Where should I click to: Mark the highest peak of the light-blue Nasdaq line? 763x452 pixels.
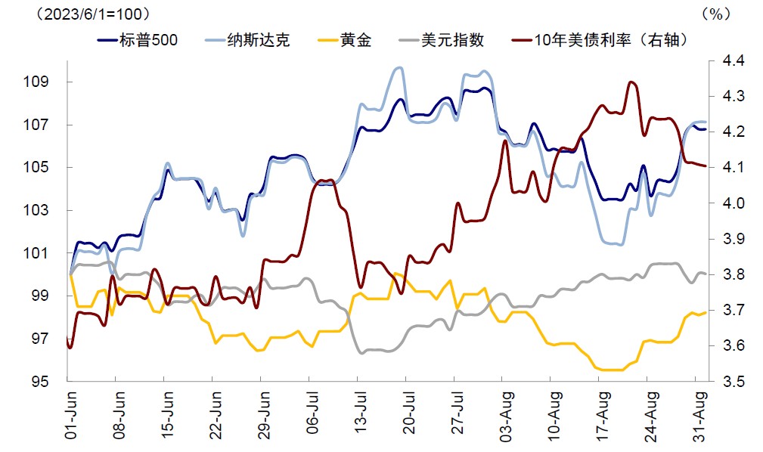(399, 67)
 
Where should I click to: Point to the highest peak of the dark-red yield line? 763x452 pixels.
(631, 82)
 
